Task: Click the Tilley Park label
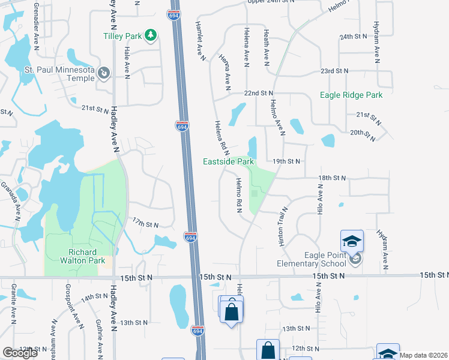click(122, 36)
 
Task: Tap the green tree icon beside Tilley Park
click(150, 36)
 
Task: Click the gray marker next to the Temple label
click(104, 73)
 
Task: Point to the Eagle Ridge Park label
click(351, 95)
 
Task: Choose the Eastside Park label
click(228, 161)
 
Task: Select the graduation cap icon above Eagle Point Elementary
click(352, 241)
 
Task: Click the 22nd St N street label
click(259, 94)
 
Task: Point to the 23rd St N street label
click(334, 71)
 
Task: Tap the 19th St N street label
click(286, 161)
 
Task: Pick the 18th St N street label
click(333, 178)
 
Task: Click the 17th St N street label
click(145, 224)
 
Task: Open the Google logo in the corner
click(20, 353)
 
